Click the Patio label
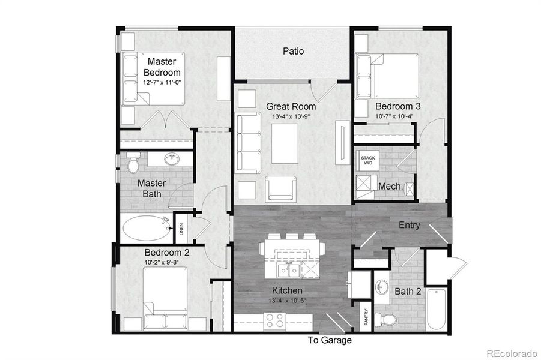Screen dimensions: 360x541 [x=293, y=51]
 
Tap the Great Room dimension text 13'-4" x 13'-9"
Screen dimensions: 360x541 [x=291, y=116]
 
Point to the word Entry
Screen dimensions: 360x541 [x=410, y=225]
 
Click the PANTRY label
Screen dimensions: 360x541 [x=366, y=316]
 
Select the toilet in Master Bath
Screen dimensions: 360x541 [x=133, y=161]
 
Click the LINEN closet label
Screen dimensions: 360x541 [x=181, y=229]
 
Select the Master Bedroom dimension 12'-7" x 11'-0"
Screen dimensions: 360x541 [x=162, y=82]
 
